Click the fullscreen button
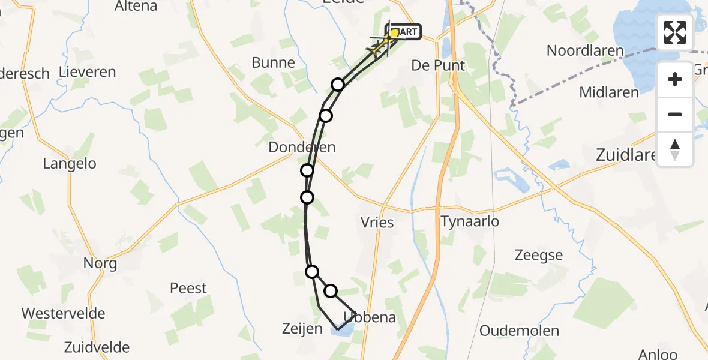[675, 32]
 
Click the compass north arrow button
[675, 149]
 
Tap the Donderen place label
[302, 147]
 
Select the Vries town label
[378, 223]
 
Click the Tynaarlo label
[470, 221]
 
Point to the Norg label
[100, 263]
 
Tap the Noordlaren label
[585, 51]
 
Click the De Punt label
[438, 65]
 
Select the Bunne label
[273, 62]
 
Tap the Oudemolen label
[519, 331]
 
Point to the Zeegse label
[539, 255]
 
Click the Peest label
[188, 288]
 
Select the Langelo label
[70, 163]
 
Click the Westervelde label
[63, 313]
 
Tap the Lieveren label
[88, 72]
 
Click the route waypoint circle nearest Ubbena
[331, 291]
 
